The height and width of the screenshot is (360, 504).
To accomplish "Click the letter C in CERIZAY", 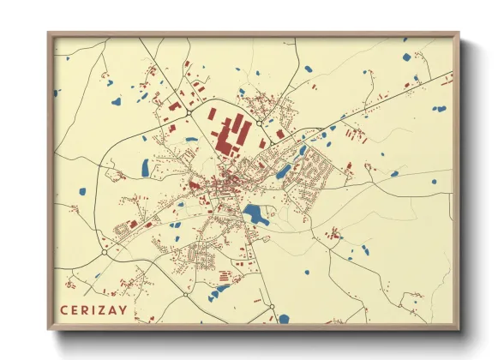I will (x=63, y=310).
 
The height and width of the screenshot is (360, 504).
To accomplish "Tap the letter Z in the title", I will (x=105, y=310).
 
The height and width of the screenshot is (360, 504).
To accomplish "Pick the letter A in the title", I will (x=117, y=310).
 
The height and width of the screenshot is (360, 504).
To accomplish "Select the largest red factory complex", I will (x=232, y=135).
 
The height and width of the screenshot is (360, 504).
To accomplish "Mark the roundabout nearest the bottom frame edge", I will (x=271, y=307).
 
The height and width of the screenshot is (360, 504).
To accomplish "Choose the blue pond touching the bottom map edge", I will (x=283, y=320).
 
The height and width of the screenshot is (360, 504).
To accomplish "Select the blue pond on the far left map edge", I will (x=57, y=92).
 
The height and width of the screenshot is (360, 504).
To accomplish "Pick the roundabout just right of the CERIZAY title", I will (x=185, y=294).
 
